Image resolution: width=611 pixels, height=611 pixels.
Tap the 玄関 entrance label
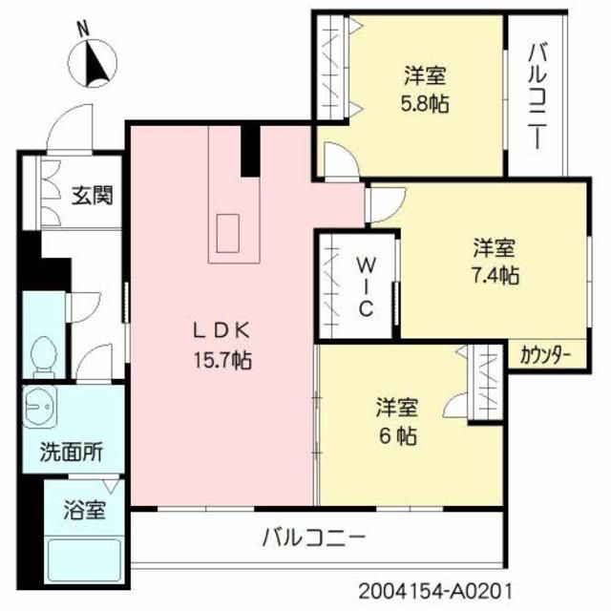92,195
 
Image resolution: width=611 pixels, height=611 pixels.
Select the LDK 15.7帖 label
222,346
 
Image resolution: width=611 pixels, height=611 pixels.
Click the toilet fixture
43,356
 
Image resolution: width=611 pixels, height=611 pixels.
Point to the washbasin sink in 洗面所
40,408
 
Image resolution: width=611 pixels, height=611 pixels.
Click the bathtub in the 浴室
84,559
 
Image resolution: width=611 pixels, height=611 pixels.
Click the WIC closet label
366,287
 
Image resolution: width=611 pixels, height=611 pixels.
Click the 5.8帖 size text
425,104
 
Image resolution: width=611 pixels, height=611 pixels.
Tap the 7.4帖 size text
495,276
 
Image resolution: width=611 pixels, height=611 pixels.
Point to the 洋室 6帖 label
397,421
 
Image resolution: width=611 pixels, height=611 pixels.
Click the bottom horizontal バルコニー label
314,537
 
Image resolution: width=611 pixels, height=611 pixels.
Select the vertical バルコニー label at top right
537,96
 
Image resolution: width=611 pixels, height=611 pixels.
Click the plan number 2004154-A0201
434,591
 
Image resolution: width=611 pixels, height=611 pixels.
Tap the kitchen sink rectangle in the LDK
227,233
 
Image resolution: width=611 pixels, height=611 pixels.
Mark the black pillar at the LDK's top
250,151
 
